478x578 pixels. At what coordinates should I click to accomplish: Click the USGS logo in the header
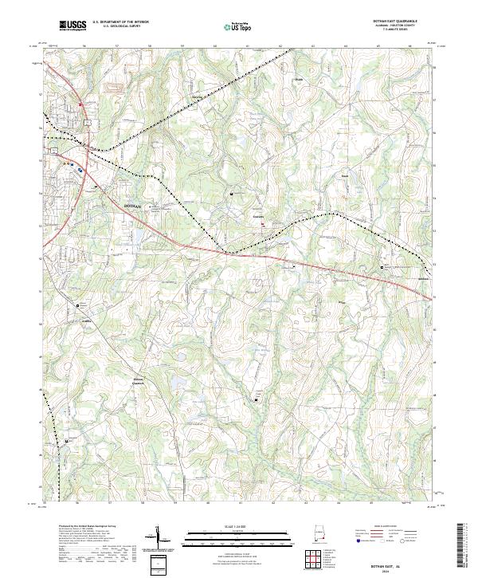pos(72,26)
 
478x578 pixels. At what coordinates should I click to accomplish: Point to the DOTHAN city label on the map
pos(133,206)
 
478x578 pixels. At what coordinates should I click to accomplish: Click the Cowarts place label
pos(258,216)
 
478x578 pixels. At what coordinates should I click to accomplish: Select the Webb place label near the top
pos(301,81)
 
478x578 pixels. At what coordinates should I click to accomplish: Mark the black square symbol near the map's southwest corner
pos(67,441)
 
